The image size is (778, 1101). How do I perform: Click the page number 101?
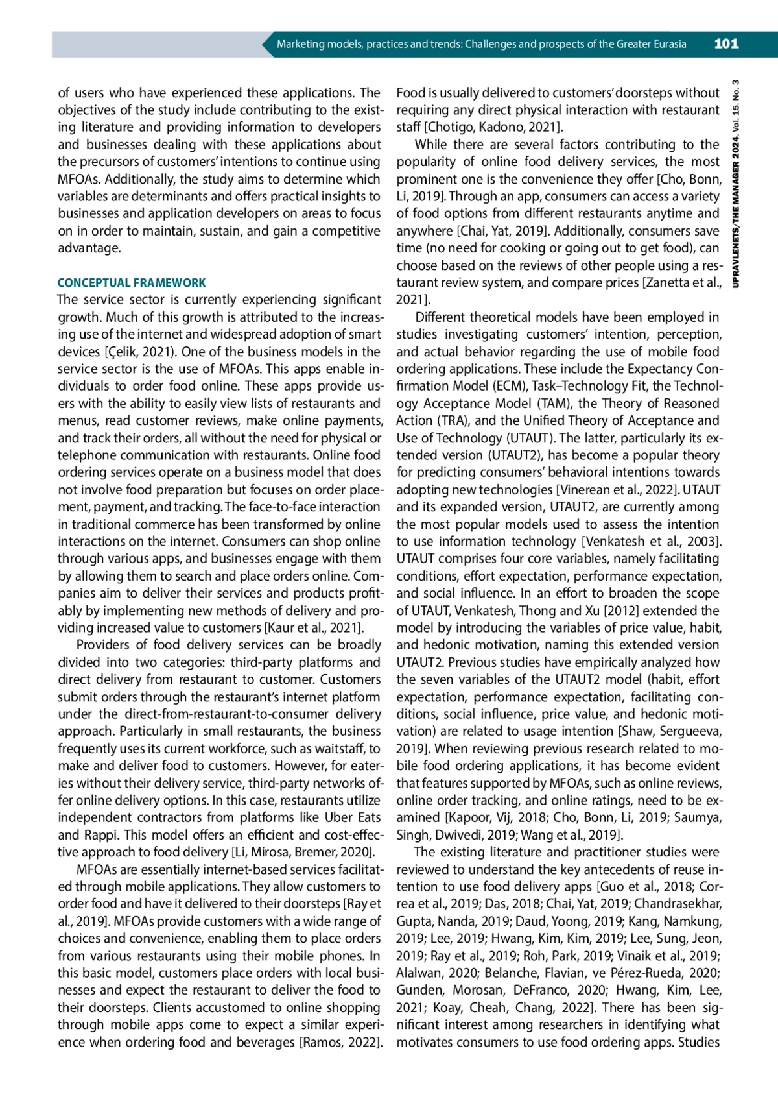coord(726,44)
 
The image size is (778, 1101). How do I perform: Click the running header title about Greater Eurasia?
coord(481,44)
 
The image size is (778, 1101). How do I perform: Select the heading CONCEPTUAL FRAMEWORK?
coord(132,283)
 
